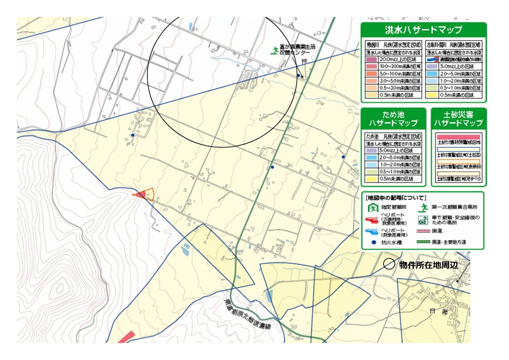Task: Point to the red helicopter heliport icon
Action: point(372,220)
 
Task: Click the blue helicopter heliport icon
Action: point(372,232)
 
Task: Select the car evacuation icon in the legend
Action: point(423,220)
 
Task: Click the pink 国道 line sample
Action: point(422,232)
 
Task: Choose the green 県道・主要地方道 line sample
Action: point(422,243)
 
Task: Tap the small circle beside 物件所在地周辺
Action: point(389,264)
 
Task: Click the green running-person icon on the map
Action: point(274,51)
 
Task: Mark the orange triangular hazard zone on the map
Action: point(144,194)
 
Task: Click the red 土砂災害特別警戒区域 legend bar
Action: point(458,137)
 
